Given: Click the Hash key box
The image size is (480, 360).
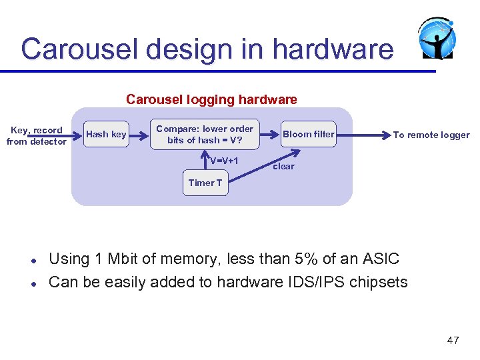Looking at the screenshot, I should (x=106, y=135).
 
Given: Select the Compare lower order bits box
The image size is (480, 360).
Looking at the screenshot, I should (x=204, y=135).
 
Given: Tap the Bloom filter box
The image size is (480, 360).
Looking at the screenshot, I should (x=308, y=135).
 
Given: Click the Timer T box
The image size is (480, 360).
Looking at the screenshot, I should (x=205, y=183).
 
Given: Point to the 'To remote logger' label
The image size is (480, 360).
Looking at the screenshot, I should (x=431, y=135).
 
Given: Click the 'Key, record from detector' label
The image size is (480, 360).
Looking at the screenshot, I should (x=36, y=135).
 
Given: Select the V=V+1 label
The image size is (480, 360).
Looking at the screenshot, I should (x=224, y=161).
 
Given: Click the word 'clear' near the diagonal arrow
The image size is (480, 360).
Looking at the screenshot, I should (x=283, y=167).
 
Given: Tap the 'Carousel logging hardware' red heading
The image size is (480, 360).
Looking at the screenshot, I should (x=211, y=100).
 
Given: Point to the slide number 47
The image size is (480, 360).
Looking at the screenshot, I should (x=453, y=341).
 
